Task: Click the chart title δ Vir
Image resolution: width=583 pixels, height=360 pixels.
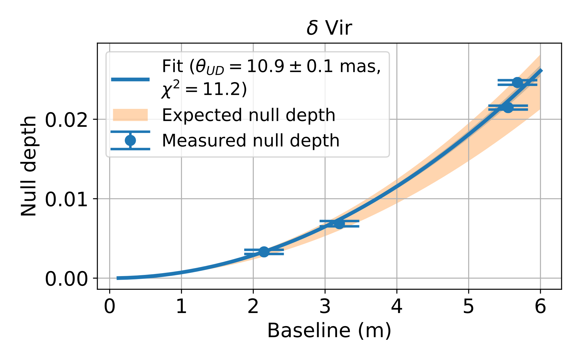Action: coord(329,28)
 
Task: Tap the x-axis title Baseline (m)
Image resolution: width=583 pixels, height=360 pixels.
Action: coord(329,331)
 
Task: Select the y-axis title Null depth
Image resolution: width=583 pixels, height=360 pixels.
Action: coord(29,166)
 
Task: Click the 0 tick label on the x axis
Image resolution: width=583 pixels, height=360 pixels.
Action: coord(110,306)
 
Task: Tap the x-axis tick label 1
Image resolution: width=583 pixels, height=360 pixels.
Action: coord(181,306)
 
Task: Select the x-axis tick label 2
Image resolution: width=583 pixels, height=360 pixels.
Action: coord(253,306)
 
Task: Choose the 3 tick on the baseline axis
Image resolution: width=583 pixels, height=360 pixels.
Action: coord(325,306)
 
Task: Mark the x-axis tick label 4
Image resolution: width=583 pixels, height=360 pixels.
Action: coord(397,306)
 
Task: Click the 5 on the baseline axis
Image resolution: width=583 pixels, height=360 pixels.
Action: coord(468,306)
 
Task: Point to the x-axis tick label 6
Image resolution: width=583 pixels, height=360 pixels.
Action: coord(540,306)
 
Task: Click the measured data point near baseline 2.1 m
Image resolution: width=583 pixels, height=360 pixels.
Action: coord(264,252)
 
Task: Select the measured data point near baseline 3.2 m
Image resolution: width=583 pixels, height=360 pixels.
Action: coord(339,224)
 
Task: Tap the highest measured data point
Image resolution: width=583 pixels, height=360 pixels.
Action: coord(517,82)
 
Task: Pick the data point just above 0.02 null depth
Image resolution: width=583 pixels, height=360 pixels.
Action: coord(508,107)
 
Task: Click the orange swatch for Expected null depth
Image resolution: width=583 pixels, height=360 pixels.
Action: coord(130,115)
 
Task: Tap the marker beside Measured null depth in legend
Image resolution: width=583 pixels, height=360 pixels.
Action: coord(130,140)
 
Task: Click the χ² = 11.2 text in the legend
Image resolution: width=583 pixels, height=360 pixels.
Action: coord(204,89)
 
